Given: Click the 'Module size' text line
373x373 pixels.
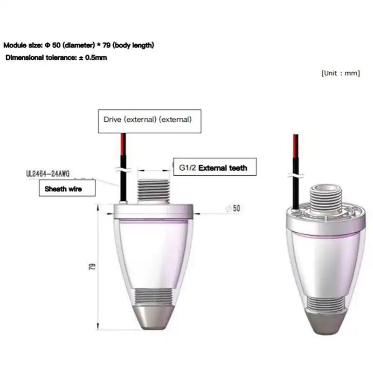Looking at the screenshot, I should pyautogui.click(x=79, y=45).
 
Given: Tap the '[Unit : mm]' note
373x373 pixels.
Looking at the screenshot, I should pyautogui.click(x=340, y=74).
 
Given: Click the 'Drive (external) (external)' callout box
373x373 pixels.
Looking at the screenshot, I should pyautogui.click(x=149, y=120).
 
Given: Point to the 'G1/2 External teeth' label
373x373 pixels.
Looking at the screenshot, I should pyautogui.click(x=215, y=167).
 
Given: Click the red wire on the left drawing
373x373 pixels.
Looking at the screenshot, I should pyautogui.click(x=123, y=147).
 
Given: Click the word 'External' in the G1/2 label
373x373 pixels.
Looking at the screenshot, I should pyautogui.click(x=214, y=167).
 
